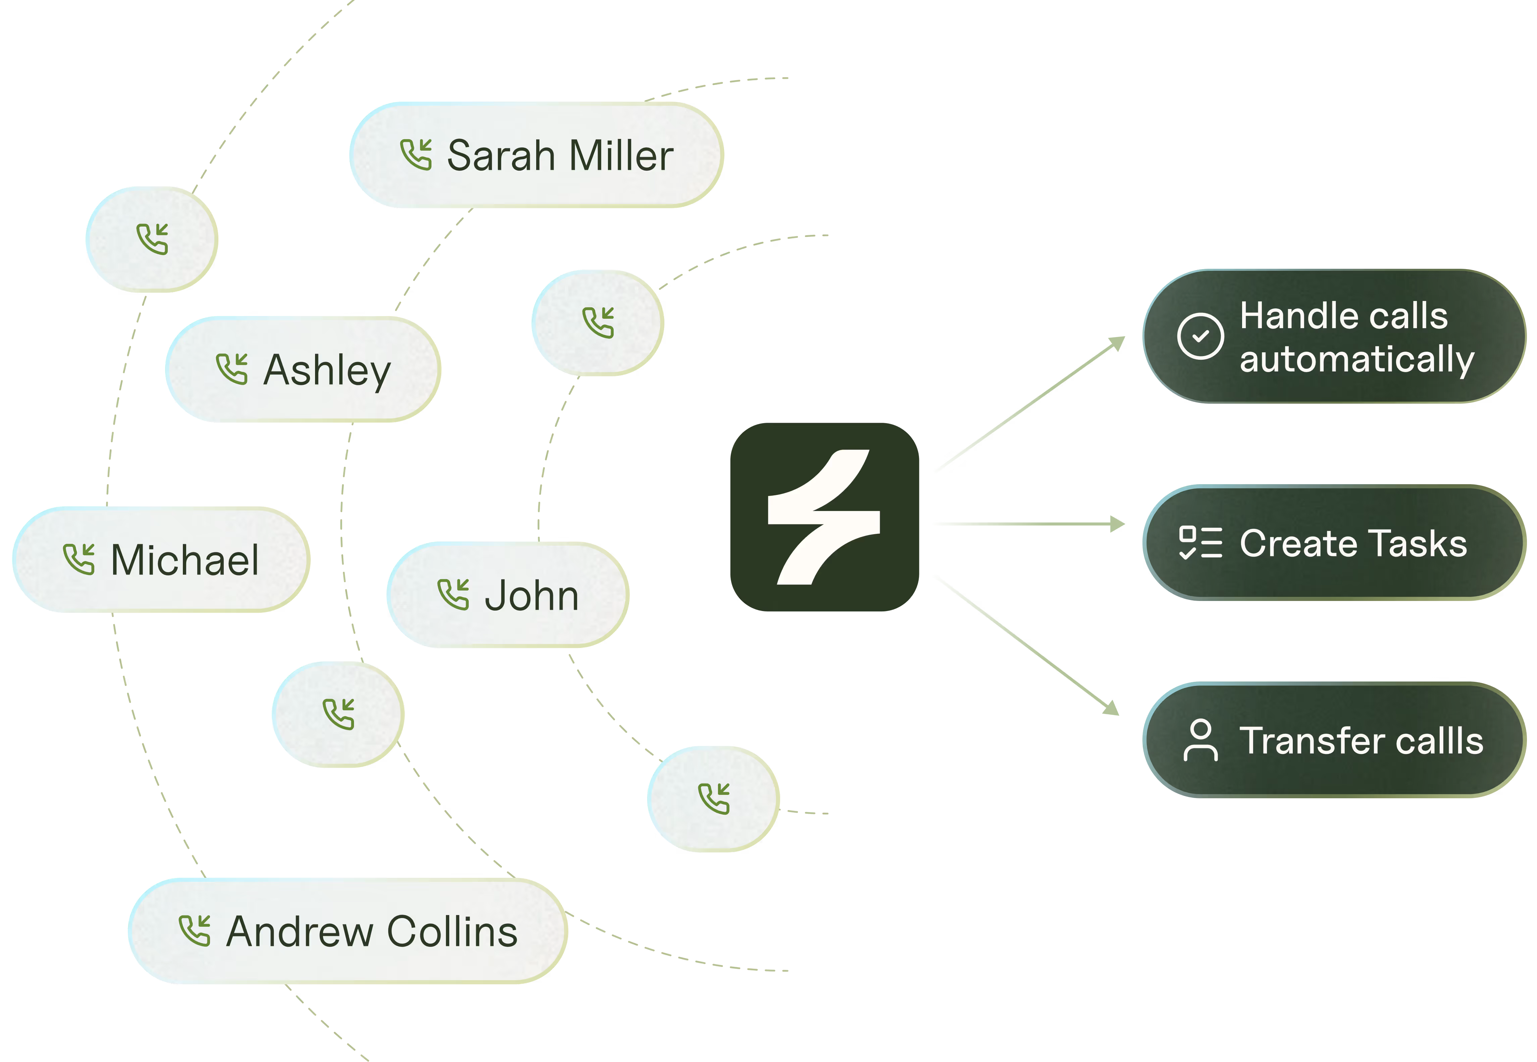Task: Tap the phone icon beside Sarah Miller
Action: [x=416, y=155]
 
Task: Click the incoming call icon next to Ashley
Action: [x=232, y=369]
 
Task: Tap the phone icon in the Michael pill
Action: [x=79, y=559]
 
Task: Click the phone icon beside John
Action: [x=453, y=594]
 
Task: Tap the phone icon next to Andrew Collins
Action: [x=194, y=930]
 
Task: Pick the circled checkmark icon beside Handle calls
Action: [x=1200, y=336]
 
